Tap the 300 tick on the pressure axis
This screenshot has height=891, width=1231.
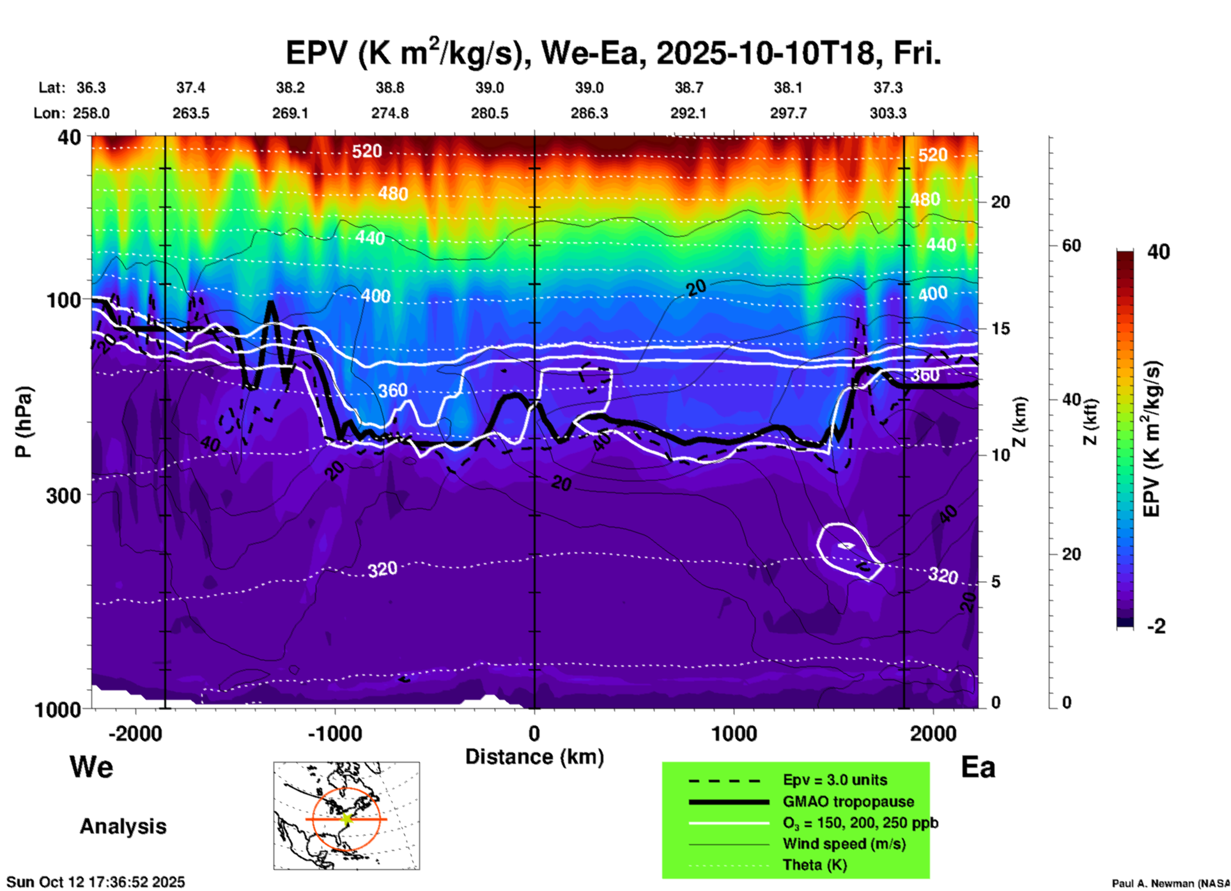(x=63, y=495)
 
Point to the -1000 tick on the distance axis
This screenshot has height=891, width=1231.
(x=334, y=733)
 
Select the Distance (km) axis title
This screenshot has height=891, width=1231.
(x=534, y=757)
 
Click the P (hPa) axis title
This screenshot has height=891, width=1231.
(x=24, y=422)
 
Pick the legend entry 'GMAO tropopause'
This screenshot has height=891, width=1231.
(x=848, y=802)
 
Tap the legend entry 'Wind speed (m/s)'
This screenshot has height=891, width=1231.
(x=844, y=844)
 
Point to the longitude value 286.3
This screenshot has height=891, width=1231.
(x=589, y=113)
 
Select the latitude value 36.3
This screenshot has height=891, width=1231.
(x=91, y=88)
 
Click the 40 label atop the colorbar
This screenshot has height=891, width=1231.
(x=1158, y=252)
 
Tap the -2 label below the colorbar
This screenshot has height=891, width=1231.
(x=1156, y=626)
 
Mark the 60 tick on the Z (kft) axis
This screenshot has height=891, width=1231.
(x=1071, y=245)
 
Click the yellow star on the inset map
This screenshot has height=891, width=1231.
(x=346, y=819)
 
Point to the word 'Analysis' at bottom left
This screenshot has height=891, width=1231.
(x=123, y=826)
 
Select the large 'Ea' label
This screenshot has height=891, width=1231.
(x=977, y=767)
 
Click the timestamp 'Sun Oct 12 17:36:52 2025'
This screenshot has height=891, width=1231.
(x=96, y=882)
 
